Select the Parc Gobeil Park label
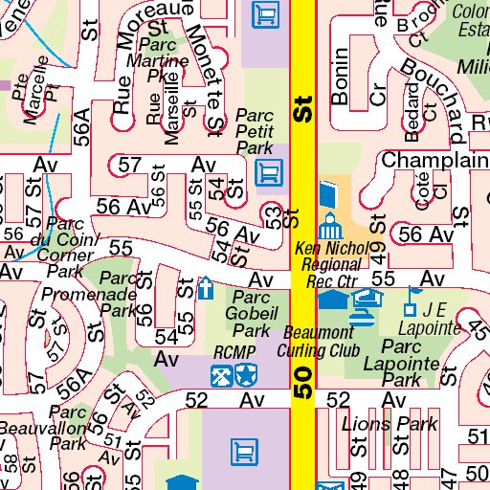252,313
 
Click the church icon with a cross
206,288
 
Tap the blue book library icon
328,195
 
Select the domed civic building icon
330,228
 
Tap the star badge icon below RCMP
246,375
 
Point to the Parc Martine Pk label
164,58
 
